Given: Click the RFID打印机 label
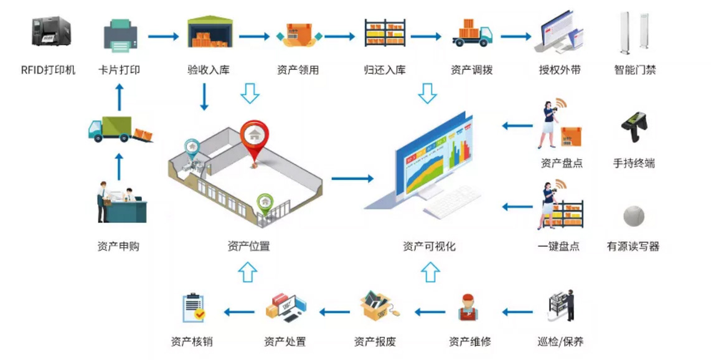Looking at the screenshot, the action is click(x=48, y=70).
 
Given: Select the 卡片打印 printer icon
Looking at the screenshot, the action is click(x=120, y=36).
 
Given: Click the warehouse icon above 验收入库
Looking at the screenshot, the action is click(x=209, y=32).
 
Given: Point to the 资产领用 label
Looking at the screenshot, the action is click(x=298, y=70).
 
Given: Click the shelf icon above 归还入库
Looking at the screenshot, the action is click(x=385, y=32).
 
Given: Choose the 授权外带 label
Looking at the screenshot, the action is click(x=560, y=70).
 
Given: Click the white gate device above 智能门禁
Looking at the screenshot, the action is click(x=635, y=32).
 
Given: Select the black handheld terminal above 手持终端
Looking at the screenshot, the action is click(x=633, y=128).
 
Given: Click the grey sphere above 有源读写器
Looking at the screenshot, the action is click(x=633, y=216).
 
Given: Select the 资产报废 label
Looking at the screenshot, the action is click(x=375, y=341).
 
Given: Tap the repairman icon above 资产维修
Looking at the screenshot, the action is click(x=469, y=308).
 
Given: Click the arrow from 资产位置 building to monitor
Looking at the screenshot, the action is click(x=352, y=179).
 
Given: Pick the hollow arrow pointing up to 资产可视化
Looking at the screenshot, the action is click(x=430, y=273).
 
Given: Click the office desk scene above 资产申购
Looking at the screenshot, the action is click(x=121, y=202).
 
